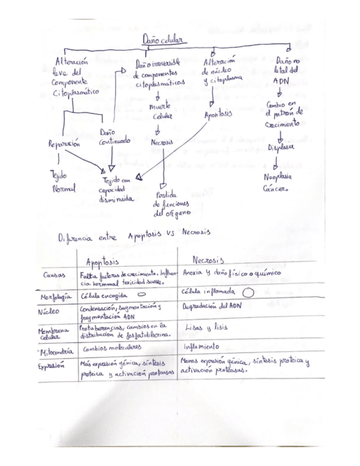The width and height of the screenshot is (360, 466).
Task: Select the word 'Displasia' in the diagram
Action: point(281,148)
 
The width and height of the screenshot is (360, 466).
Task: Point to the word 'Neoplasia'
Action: point(278,177)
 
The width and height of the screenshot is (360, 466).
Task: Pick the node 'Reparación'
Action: point(65,144)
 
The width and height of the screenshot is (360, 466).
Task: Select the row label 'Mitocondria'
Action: point(57,350)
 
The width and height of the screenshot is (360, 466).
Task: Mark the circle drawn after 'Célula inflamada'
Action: point(247,293)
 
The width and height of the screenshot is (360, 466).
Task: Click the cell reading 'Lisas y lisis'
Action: point(204,328)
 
